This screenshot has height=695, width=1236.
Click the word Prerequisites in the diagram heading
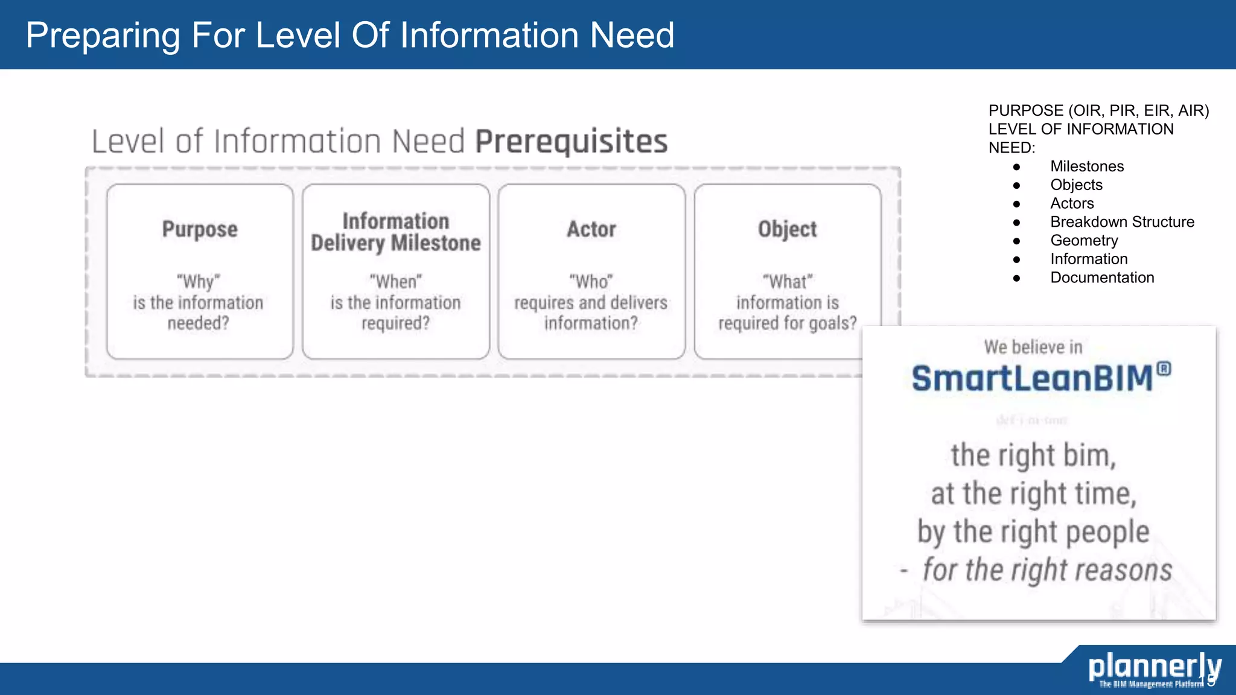click(571, 142)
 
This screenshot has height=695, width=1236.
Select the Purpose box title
click(200, 230)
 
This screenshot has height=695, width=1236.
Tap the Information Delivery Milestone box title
click(396, 232)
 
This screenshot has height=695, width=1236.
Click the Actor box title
click(591, 230)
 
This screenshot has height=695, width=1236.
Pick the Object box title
click(787, 230)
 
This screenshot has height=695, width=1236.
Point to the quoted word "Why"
click(199, 282)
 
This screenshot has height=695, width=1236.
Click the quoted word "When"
click(396, 282)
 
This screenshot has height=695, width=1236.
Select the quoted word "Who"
click(591, 282)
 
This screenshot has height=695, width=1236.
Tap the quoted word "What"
click(788, 282)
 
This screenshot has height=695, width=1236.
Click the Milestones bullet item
click(1087, 167)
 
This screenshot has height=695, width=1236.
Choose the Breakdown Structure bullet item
click(1122, 222)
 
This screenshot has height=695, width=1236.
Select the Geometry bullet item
click(1084, 241)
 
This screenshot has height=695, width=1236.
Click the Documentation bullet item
click(1102, 278)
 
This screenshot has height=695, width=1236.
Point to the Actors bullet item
click(1072, 203)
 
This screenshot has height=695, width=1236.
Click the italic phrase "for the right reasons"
click(1047, 570)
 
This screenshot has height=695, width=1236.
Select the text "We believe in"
click(1033, 347)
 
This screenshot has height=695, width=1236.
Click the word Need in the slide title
click(632, 35)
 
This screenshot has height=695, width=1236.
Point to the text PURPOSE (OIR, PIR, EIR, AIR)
click(1098, 111)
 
